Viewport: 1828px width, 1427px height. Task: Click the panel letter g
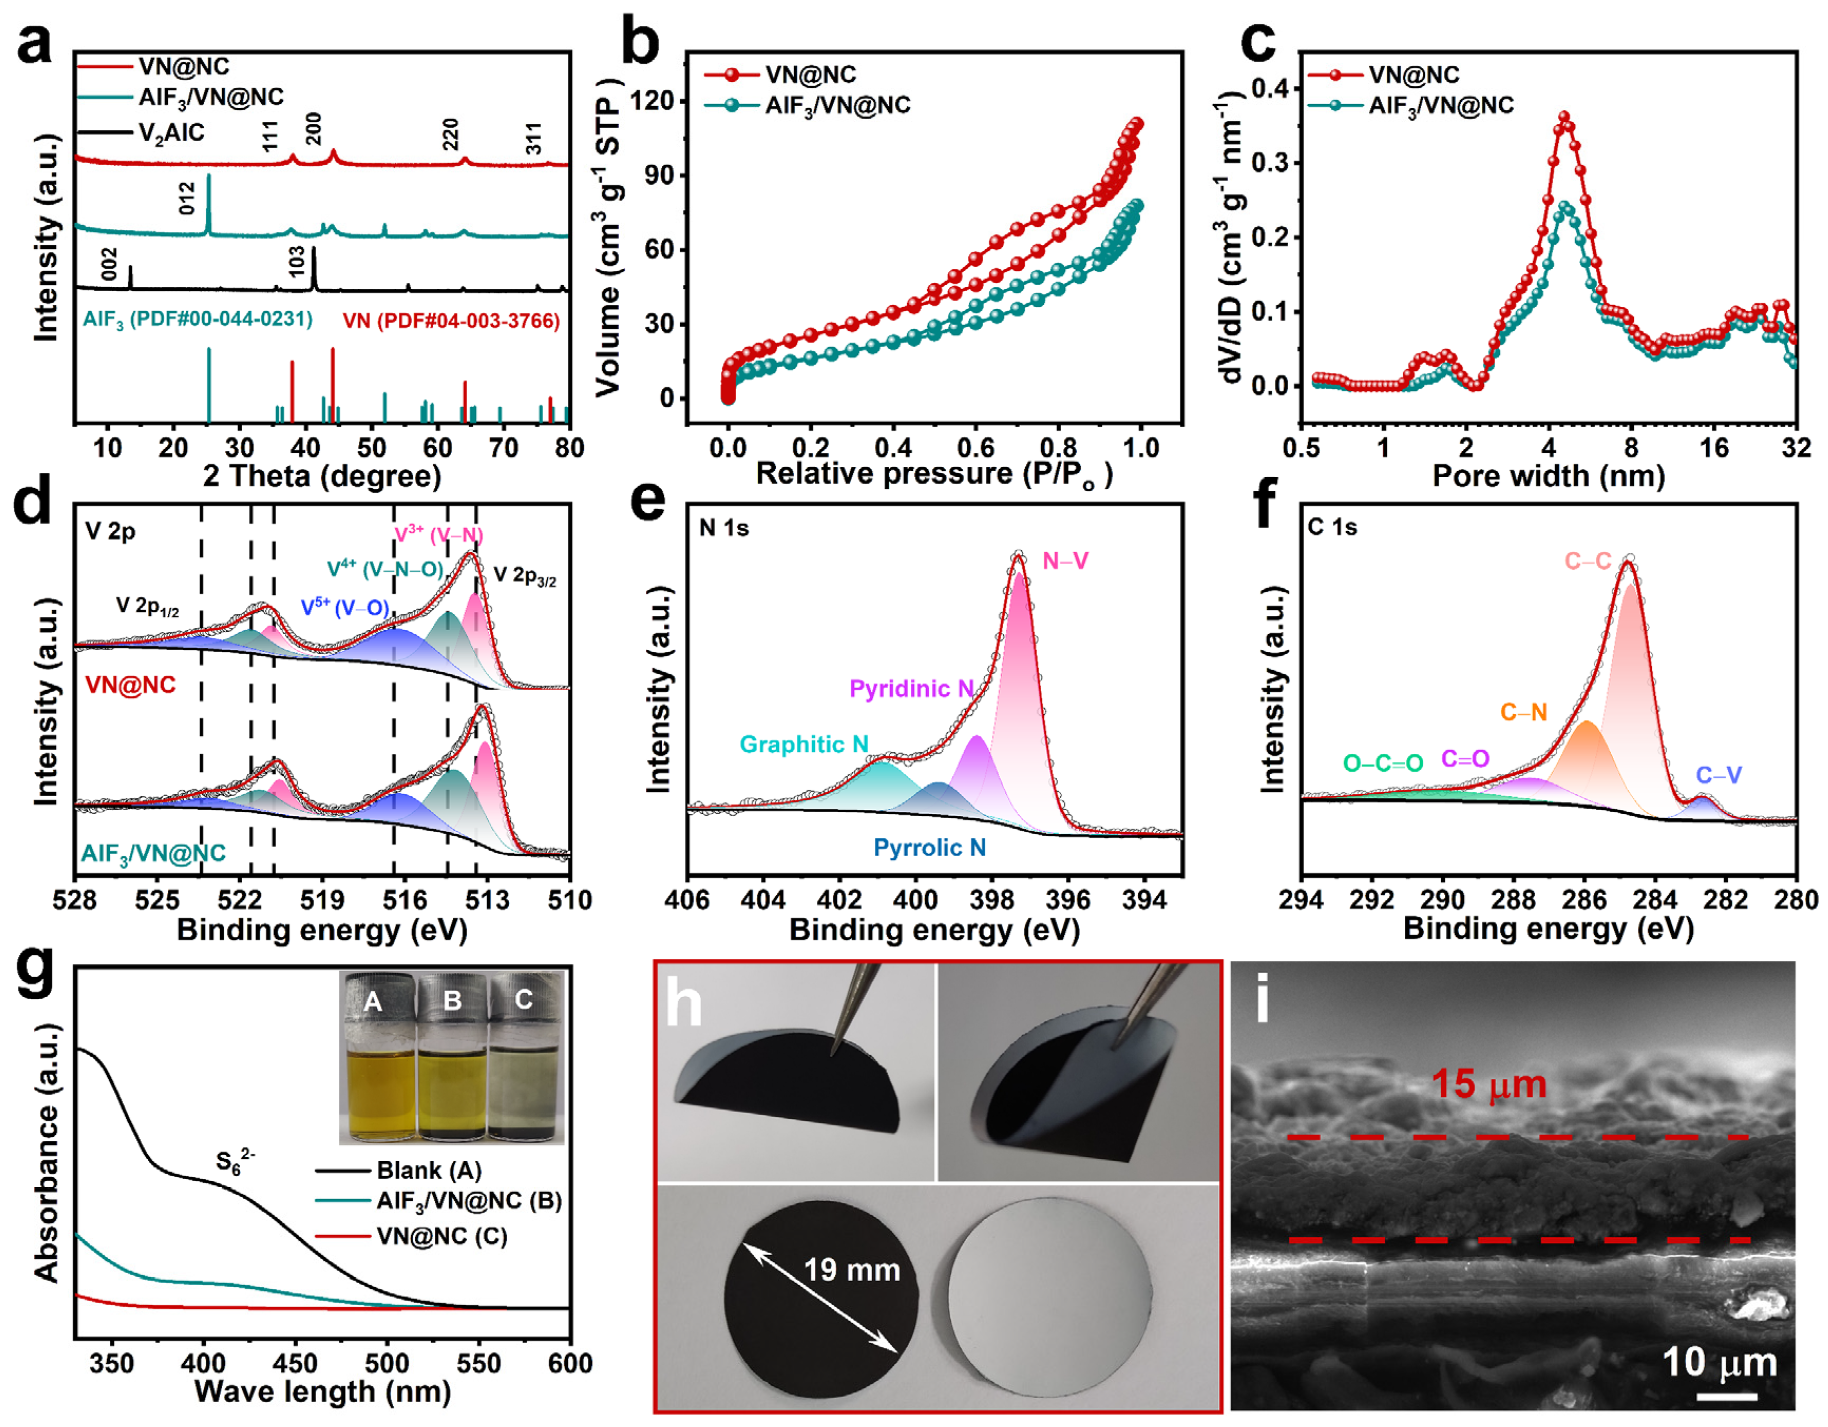pos(35,971)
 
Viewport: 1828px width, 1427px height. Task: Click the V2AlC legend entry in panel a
pos(171,132)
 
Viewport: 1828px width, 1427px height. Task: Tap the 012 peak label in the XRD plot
pos(187,197)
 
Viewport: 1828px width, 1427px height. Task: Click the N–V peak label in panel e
pos(1064,561)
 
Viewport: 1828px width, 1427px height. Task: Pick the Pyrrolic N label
pos(929,848)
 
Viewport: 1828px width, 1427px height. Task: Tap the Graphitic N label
pos(804,744)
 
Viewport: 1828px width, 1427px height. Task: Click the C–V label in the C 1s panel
pos(1718,775)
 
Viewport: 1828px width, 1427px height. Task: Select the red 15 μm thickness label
pos(1488,1085)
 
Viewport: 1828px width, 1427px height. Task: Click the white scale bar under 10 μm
pos(1727,1396)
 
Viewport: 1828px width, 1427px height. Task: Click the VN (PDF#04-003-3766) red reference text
pos(450,321)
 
